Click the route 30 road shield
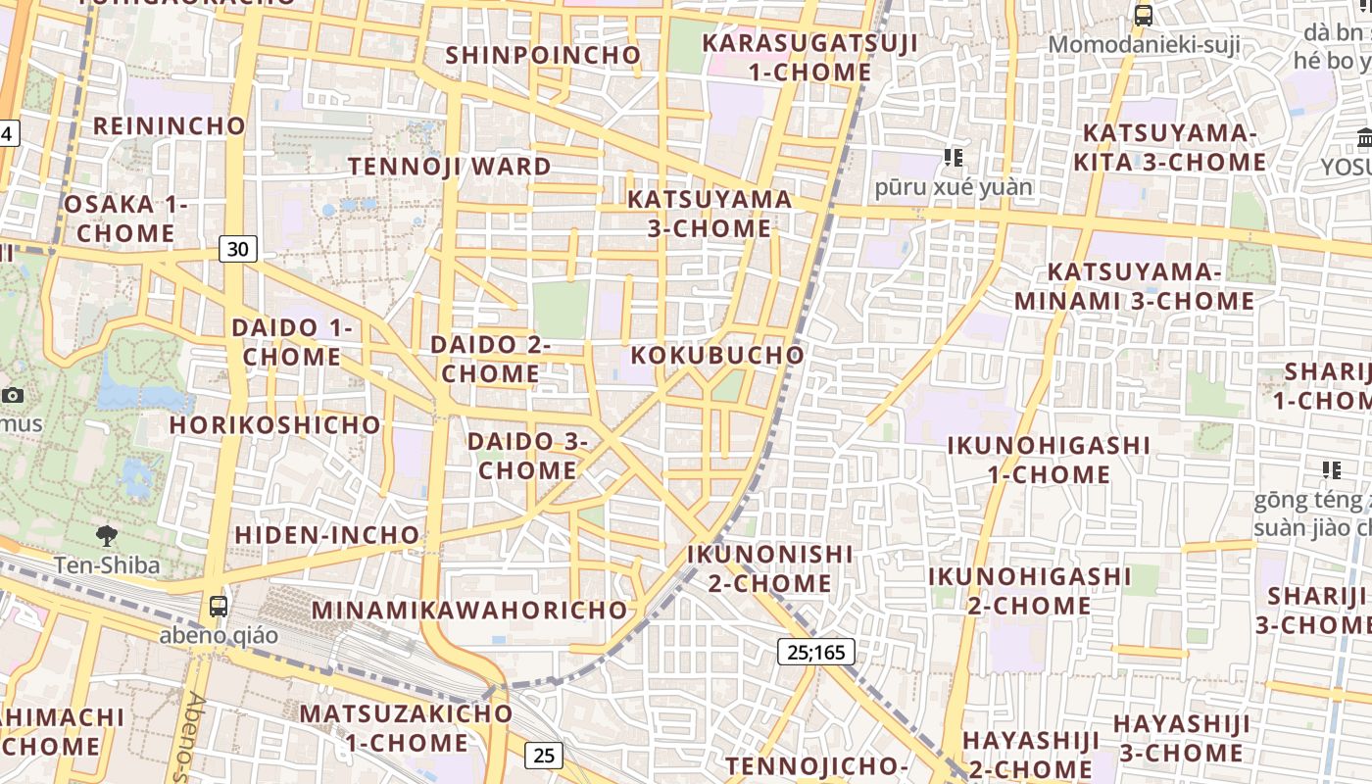click(x=237, y=249)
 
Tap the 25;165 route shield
click(x=816, y=651)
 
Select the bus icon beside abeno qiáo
click(x=219, y=607)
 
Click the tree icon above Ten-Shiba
click(x=107, y=536)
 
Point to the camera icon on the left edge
click(x=13, y=395)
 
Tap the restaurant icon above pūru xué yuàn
click(x=953, y=157)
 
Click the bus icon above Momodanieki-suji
click(x=1143, y=15)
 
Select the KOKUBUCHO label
click(x=717, y=355)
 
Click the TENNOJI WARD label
click(x=450, y=166)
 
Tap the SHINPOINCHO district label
click(x=543, y=55)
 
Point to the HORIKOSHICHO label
click(x=275, y=424)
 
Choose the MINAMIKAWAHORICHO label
click(x=469, y=610)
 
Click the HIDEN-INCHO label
click(x=327, y=535)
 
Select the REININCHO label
click(x=170, y=125)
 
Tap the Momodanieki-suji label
click(x=1144, y=44)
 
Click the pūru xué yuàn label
click(x=954, y=186)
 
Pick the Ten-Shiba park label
click(x=107, y=565)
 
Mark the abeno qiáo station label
click(x=219, y=635)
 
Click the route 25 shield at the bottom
click(x=544, y=755)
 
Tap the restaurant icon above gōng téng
click(x=1331, y=470)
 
